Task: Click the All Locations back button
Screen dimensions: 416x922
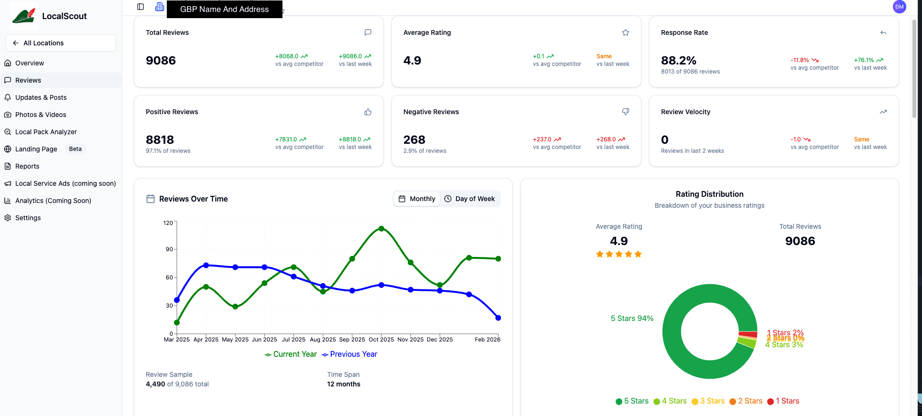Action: coord(61,43)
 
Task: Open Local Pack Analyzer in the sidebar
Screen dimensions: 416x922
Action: coord(46,132)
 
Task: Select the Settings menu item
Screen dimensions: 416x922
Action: coord(28,218)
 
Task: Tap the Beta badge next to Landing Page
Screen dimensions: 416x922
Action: coord(75,149)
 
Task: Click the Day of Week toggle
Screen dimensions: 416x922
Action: coord(470,199)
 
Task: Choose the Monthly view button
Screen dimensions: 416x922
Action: coord(417,199)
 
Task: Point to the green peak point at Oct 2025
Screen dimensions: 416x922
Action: coord(381,229)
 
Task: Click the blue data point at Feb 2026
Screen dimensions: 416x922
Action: coord(498,318)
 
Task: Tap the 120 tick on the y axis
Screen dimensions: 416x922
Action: coord(168,223)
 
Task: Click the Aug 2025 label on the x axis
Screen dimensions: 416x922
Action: coord(323,340)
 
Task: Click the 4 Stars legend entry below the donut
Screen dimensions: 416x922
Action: coord(670,401)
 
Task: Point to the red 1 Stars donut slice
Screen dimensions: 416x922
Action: coord(748,334)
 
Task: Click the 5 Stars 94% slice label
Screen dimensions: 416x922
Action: coord(632,319)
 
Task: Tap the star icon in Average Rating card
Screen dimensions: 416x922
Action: coord(625,32)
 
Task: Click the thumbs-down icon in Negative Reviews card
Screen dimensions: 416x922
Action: coord(625,112)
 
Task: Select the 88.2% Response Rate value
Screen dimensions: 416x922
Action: coord(678,61)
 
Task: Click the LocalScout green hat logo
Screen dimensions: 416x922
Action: coord(24,15)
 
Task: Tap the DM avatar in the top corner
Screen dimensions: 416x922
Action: coord(899,7)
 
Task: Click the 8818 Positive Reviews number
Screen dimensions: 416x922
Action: coord(160,140)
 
